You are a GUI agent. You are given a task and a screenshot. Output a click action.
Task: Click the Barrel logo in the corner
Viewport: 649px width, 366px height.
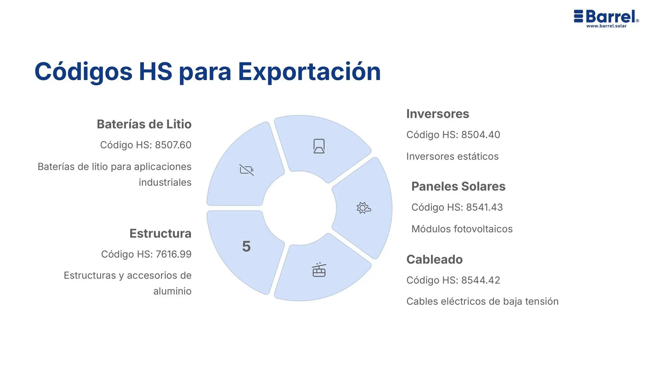pyautogui.click(x=606, y=16)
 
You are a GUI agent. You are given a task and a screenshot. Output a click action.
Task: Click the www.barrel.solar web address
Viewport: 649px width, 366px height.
pyautogui.click(x=606, y=26)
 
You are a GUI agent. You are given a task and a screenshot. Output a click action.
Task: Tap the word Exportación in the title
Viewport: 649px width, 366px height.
pyautogui.click(x=309, y=72)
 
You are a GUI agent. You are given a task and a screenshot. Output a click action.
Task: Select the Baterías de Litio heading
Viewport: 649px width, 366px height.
pyautogui.click(x=144, y=124)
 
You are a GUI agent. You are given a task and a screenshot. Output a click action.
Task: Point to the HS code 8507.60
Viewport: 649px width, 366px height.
pyautogui.click(x=173, y=145)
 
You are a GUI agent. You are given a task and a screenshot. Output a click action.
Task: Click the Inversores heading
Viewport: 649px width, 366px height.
pyautogui.click(x=438, y=114)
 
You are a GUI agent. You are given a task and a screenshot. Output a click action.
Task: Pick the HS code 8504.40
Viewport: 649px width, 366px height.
pyautogui.click(x=480, y=134)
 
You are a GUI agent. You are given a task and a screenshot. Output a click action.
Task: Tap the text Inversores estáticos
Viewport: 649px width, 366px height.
pyautogui.click(x=452, y=156)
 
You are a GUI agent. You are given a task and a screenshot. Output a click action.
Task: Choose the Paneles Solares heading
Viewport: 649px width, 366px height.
pyautogui.click(x=458, y=186)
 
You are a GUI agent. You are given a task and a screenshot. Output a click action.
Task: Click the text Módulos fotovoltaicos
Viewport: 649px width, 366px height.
pyautogui.click(x=462, y=229)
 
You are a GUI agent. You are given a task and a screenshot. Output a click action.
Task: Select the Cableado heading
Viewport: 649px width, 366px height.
pyautogui.click(x=434, y=260)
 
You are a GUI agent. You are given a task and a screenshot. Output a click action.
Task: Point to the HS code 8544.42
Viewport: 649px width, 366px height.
pyautogui.click(x=480, y=280)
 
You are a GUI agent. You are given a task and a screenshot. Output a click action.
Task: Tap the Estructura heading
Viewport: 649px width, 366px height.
pyautogui.click(x=160, y=234)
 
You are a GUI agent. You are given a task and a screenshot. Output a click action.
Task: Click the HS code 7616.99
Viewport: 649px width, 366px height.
pyautogui.click(x=173, y=254)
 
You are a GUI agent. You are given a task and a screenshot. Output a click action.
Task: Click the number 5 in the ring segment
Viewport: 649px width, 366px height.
pyautogui.click(x=246, y=247)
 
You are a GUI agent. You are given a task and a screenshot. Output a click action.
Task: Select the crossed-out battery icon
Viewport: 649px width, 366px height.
pyautogui.click(x=246, y=170)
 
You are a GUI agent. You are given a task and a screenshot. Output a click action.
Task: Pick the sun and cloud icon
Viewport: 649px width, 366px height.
pyautogui.click(x=363, y=208)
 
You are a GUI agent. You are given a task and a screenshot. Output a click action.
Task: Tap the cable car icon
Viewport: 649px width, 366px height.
pyautogui.click(x=319, y=270)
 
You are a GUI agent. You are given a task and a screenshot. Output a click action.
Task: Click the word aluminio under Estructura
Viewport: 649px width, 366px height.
pyautogui.click(x=172, y=291)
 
